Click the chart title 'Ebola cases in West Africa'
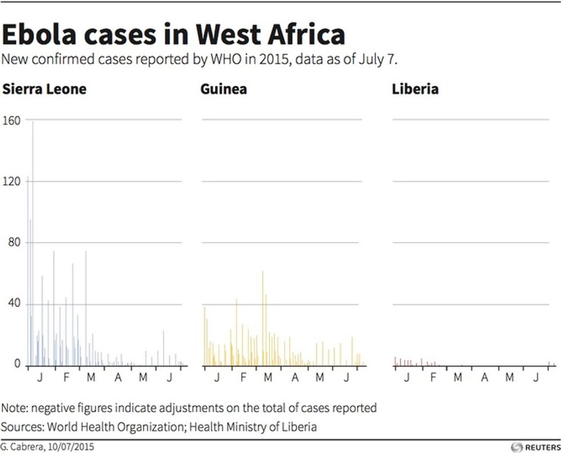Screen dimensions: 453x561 click(173, 35)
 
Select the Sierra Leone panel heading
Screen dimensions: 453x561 click(44, 89)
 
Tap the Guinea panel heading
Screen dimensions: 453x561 click(224, 89)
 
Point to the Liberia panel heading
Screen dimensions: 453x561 click(415, 89)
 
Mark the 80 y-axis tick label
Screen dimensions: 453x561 click(13, 243)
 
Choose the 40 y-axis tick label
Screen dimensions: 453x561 click(13, 304)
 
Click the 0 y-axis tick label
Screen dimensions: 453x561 click(17, 365)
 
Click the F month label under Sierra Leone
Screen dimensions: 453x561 click(66, 377)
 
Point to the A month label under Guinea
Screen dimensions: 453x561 click(295, 377)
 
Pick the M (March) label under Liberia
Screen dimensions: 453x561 click(458, 377)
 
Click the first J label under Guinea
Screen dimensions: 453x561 click(217, 377)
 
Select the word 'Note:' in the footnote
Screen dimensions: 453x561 click(15, 408)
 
